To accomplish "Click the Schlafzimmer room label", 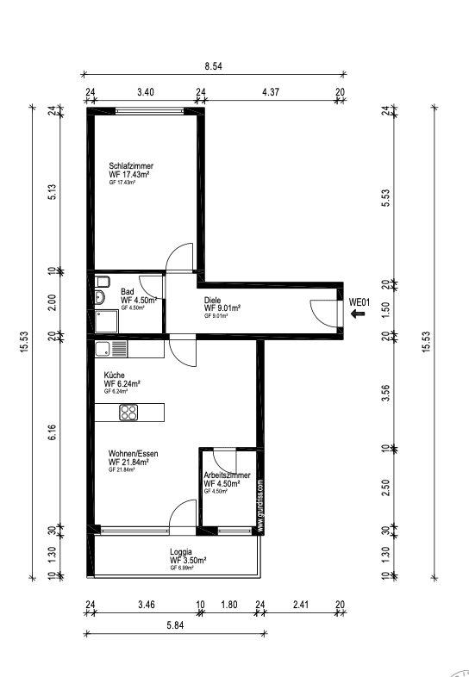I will pyautogui.click(x=130, y=165).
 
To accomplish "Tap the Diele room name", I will pyautogui.click(x=213, y=300).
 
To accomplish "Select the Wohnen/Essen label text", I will pyautogui.click(x=133, y=453).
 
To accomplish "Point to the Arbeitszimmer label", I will pyautogui.click(x=228, y=475).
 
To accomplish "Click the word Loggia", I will pyautogui.click(x=181, y=552).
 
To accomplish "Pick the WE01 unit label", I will pyautogui.click(x=359, y=302).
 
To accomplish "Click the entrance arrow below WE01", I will pyautogui.click(x=359, y=315).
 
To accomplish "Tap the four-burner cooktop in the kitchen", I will pyautogui.click(x=129, y=412).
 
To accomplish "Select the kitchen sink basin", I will pyautogui.click(x=103, y=349).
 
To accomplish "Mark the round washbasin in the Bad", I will pyautogui.click(x=100, y=298).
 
